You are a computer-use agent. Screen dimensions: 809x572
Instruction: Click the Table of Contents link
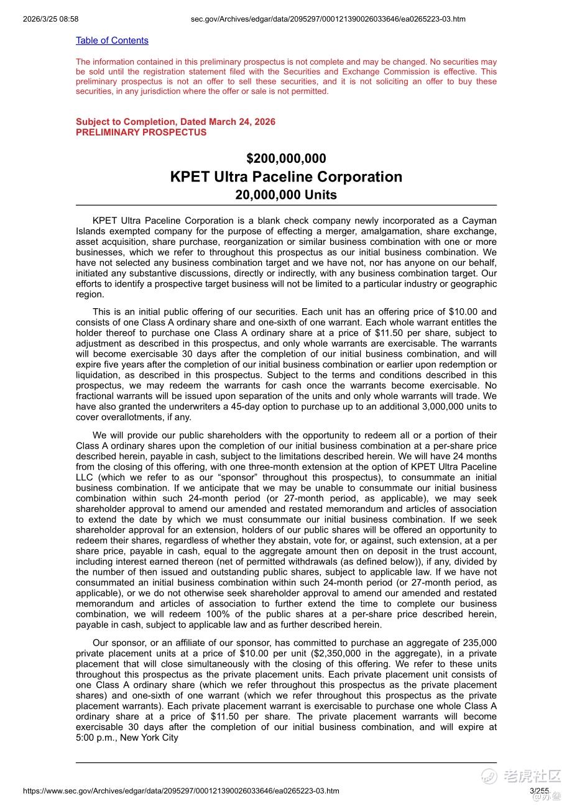point(112,40)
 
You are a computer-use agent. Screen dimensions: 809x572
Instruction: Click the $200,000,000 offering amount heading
point(286,158)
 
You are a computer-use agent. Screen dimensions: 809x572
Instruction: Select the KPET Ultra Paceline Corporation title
point(286,176)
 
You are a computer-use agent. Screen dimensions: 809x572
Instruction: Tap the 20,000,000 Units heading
point(286,194)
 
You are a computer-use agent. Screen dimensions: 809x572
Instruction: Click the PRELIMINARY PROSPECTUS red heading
point(141,132)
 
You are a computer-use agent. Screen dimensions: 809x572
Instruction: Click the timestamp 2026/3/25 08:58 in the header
point(50,19)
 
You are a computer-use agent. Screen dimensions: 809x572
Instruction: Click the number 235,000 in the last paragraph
point(479,643)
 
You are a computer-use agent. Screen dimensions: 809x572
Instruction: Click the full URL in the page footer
point(181,791)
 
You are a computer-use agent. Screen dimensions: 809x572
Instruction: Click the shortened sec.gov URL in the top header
point(328,19)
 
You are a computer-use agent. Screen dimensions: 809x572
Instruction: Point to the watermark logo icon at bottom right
point(489,775)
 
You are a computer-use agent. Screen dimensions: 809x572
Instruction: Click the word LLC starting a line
point(85,478)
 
